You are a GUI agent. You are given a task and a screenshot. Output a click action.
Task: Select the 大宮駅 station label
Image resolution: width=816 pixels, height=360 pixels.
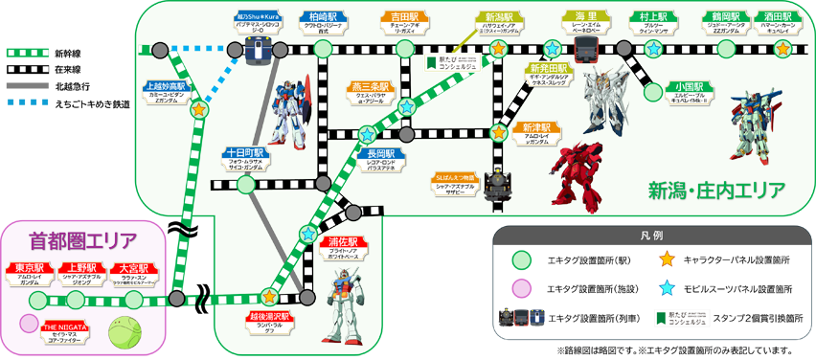click(x=136, y=267)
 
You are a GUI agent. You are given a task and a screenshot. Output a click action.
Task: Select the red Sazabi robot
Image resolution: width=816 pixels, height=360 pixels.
click(x=575, y=176)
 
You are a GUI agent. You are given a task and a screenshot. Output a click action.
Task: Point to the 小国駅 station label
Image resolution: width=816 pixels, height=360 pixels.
click(x=689, y=87)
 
